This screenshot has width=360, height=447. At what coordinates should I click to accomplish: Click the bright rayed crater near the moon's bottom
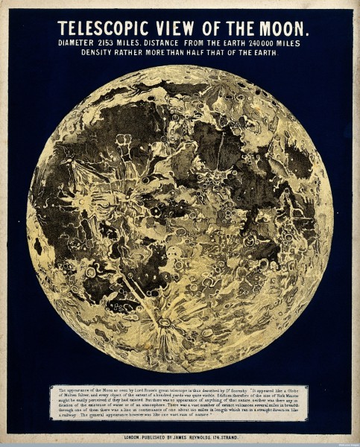pyautogui.click(x=162, y=323)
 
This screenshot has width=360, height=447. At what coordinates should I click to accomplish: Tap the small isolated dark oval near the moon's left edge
pyautogui.click(x=38, y=245)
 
